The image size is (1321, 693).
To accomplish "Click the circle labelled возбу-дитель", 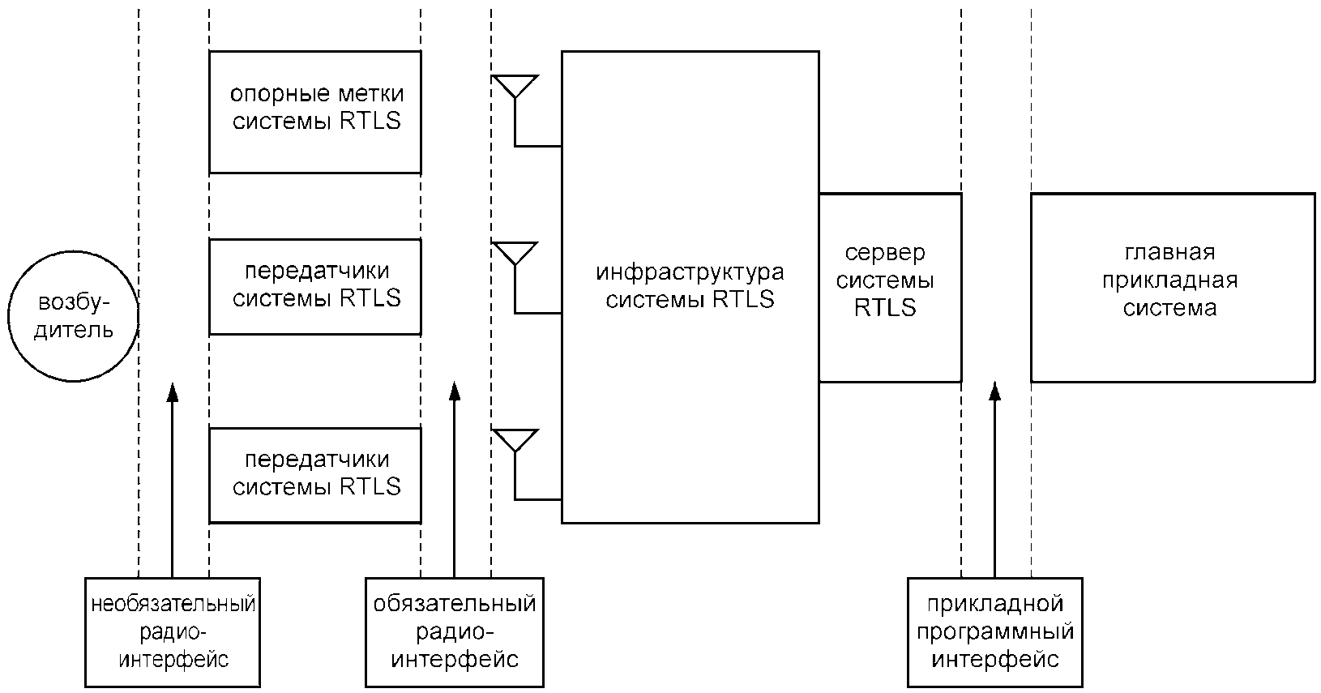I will (73, 316).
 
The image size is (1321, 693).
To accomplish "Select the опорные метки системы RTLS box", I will (315, 112).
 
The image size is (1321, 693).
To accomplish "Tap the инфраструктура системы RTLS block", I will (690, 287).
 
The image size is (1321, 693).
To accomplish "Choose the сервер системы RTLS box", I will (889, 287).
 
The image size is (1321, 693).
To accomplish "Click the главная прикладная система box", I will (1172, 287).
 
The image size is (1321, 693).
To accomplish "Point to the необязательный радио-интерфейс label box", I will (173, 632).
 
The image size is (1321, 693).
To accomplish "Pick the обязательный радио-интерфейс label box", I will (455, 632).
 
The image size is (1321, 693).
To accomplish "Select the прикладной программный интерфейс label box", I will (994, 632).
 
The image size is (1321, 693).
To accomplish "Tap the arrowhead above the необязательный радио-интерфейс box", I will (172, 392).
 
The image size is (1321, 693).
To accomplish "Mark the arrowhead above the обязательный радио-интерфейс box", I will (455, 392).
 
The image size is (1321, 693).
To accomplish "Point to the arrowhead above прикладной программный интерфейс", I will (995, 392).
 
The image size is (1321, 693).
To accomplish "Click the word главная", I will (1169, 253).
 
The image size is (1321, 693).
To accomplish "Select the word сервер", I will (885, 254).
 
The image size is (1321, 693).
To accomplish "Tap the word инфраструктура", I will (690, 272).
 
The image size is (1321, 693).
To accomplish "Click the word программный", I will (995, 631).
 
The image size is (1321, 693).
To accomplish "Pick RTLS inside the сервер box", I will (885, 308).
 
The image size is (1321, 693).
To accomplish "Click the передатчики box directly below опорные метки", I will (315, 286).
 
